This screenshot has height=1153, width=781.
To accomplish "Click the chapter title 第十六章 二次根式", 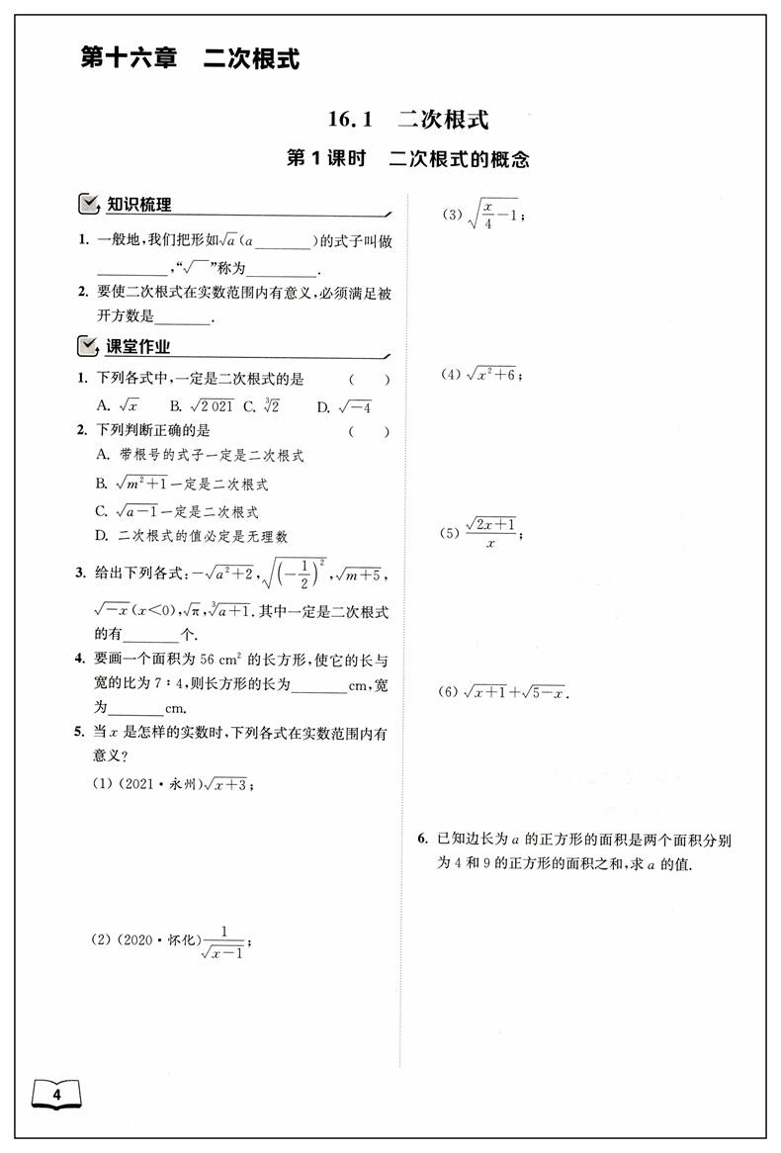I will (189, 59).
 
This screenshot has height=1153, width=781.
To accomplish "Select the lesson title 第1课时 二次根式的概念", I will (407, 158).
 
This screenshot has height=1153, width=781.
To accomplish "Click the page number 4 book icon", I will (56, 1095).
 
